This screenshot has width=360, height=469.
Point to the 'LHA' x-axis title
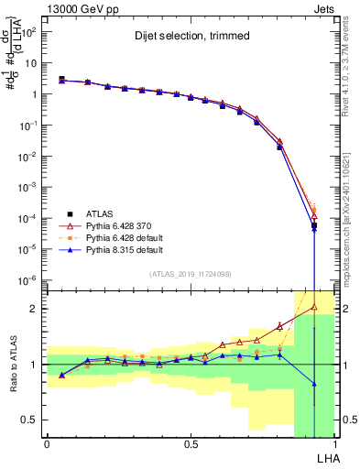pos(325,456)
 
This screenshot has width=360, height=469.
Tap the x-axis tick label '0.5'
pos(191,443)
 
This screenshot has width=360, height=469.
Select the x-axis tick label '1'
pos(335,443)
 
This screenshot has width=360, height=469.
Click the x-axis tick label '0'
pos(47,443)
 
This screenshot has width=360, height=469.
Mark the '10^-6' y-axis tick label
pos(27,279)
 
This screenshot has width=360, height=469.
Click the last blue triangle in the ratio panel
pos(313,384)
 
